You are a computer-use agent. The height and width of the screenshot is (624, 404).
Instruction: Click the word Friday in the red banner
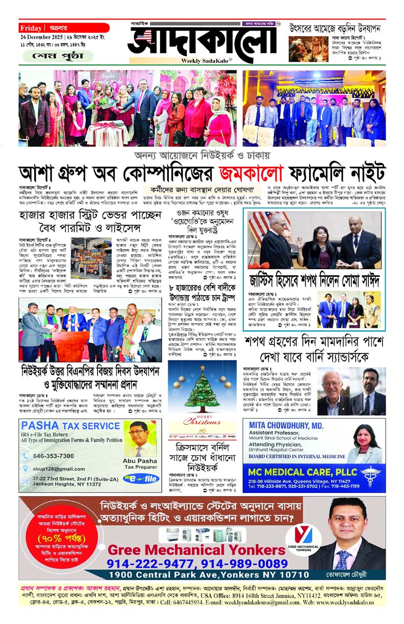click(x=32, y=28)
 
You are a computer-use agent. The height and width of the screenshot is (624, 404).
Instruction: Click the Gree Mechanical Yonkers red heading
click(x=197, y=550)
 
